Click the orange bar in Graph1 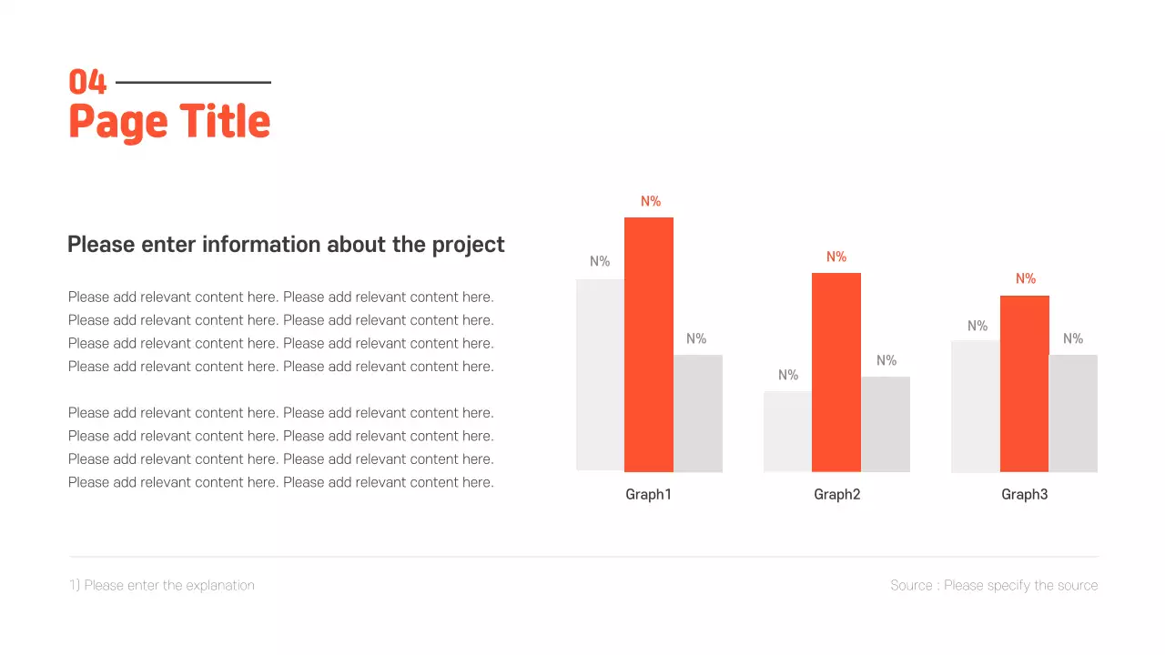649,345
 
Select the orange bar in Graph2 836,372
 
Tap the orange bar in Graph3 1025,383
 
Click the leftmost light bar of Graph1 600,375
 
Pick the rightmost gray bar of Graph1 698,413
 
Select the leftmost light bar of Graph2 787,431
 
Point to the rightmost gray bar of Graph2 886,424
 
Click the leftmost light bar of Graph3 976,406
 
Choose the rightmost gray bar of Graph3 1073,413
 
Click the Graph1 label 648,495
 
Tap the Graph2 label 836,495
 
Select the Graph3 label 1025,495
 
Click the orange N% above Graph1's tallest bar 651,201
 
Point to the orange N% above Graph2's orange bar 836,257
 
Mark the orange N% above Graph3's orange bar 1026,279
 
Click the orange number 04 88,83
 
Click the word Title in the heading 224,122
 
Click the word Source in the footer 911,585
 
